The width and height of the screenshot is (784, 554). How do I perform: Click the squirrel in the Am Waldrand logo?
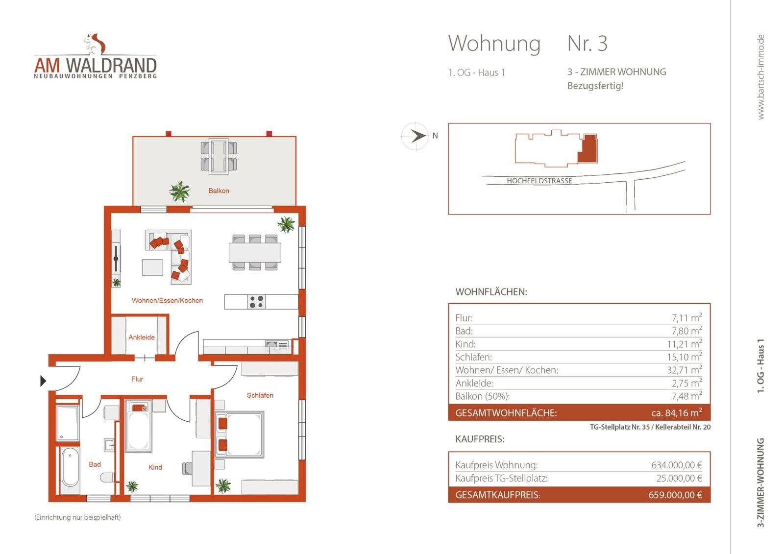coord(96,44)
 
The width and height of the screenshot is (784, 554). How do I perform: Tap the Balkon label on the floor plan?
coord(219,191)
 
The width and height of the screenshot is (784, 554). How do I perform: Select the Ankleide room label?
coord(142,337)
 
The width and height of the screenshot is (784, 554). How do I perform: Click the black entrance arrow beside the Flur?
coord(43,381)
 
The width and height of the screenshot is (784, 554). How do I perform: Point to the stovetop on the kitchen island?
coord(256,302)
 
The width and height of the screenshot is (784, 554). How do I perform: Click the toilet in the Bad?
coord(106,477)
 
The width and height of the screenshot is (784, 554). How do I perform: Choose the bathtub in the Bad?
coord(70,469)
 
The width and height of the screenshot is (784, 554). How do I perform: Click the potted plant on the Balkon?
coord(180,191)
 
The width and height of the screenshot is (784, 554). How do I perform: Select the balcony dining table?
coord(219,156)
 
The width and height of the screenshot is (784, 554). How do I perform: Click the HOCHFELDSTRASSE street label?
coord(539,181)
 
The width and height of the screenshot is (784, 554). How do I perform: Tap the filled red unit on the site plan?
coord(588,148)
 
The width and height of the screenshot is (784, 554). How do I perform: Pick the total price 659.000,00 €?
coord(675,495)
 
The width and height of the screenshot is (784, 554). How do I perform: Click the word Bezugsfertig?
coord(595,86)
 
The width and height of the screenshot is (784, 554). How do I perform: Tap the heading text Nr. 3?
coord(587,44)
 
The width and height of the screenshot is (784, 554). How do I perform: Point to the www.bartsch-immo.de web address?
coord(760,77)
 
